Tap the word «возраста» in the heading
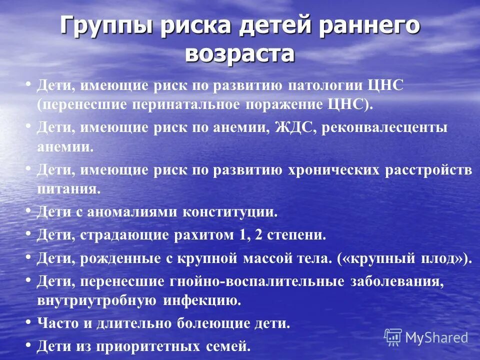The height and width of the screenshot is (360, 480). coord(239,53)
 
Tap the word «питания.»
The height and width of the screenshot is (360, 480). coord(69,189)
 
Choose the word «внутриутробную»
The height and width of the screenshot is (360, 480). coord(97,300)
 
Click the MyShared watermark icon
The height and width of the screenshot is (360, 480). coord(393,337)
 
